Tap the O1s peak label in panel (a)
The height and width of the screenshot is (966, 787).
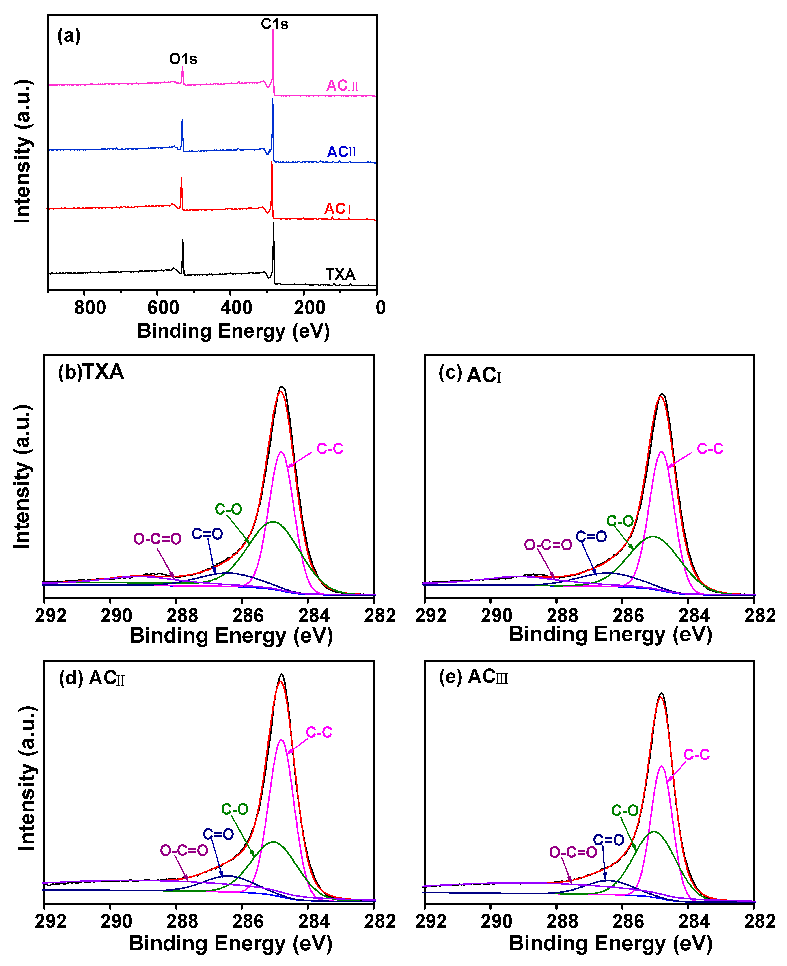coord(183,59)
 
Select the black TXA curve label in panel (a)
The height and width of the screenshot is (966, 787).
coord(340,274)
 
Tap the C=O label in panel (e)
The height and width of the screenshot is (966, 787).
coord(608,840)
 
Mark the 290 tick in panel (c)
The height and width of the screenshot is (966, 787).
coord(496,615)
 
